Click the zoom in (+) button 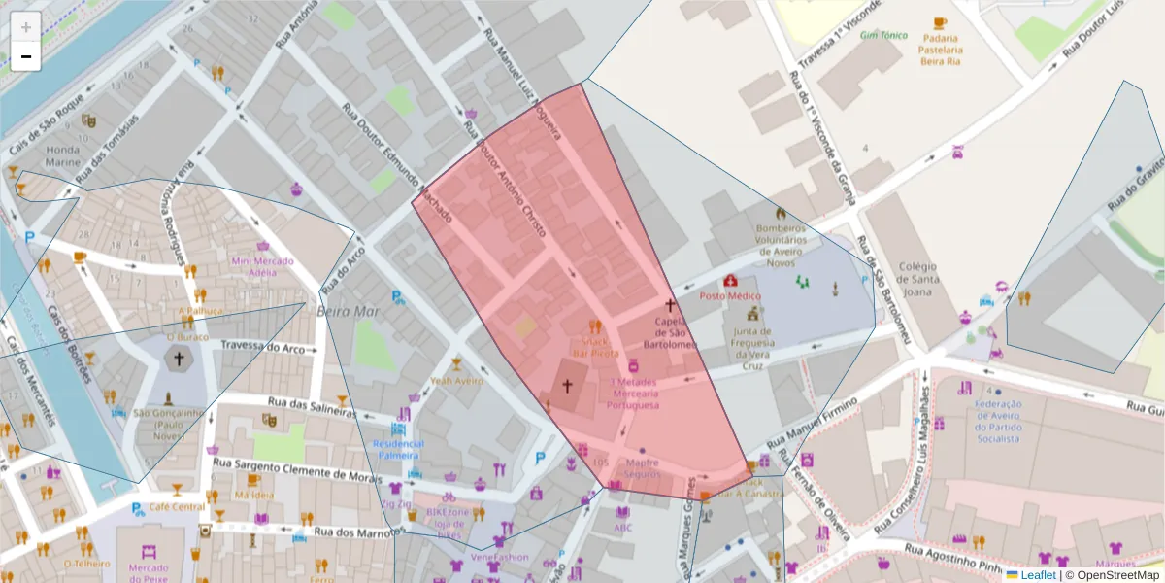pos(25,27)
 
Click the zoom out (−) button pos(25,56)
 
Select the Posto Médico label pos(730,295)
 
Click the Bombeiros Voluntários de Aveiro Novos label pos(781,245)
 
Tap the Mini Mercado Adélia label pos(261,266)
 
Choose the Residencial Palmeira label pos(398,449)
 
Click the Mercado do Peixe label pos(149,567)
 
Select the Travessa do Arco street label pos(262,347)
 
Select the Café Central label pos(177,507)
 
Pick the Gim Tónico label pos(883,35)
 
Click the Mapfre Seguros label pos(642,468)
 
